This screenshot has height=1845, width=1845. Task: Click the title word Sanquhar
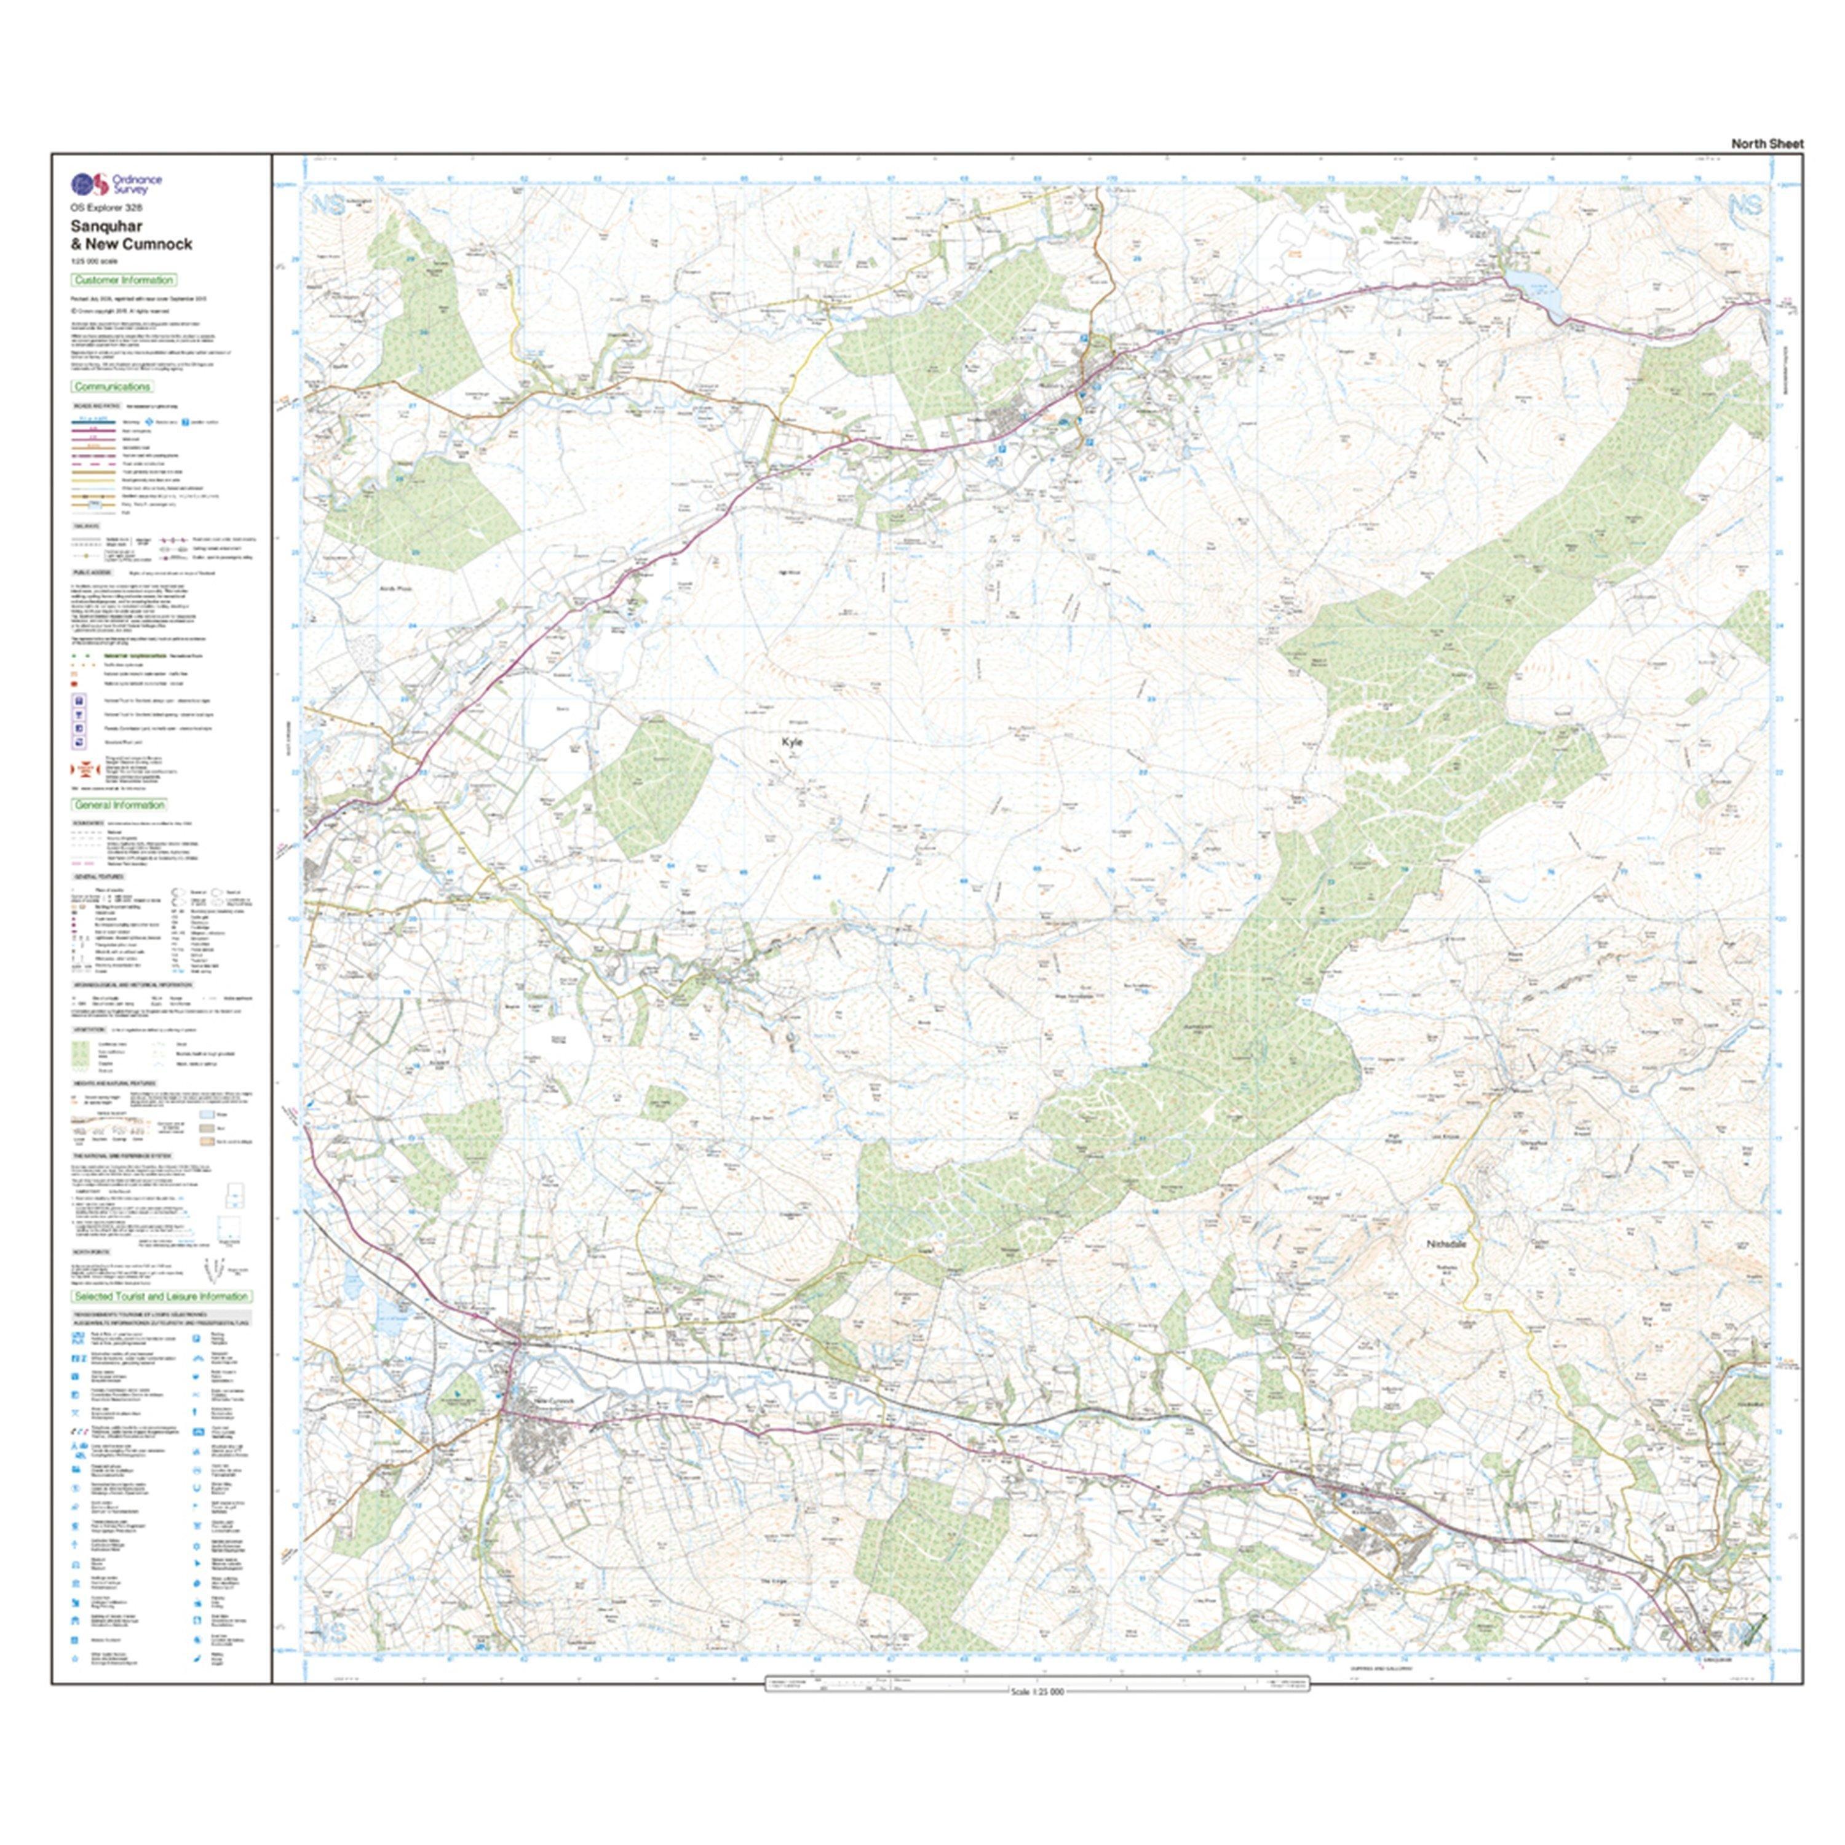106,226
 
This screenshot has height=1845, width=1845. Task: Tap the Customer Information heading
123,280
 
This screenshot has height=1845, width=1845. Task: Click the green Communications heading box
113,387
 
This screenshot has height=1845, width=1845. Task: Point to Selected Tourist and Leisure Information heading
161,1297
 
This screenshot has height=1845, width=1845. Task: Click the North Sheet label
1767,144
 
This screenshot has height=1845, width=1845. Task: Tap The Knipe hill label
772,1581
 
